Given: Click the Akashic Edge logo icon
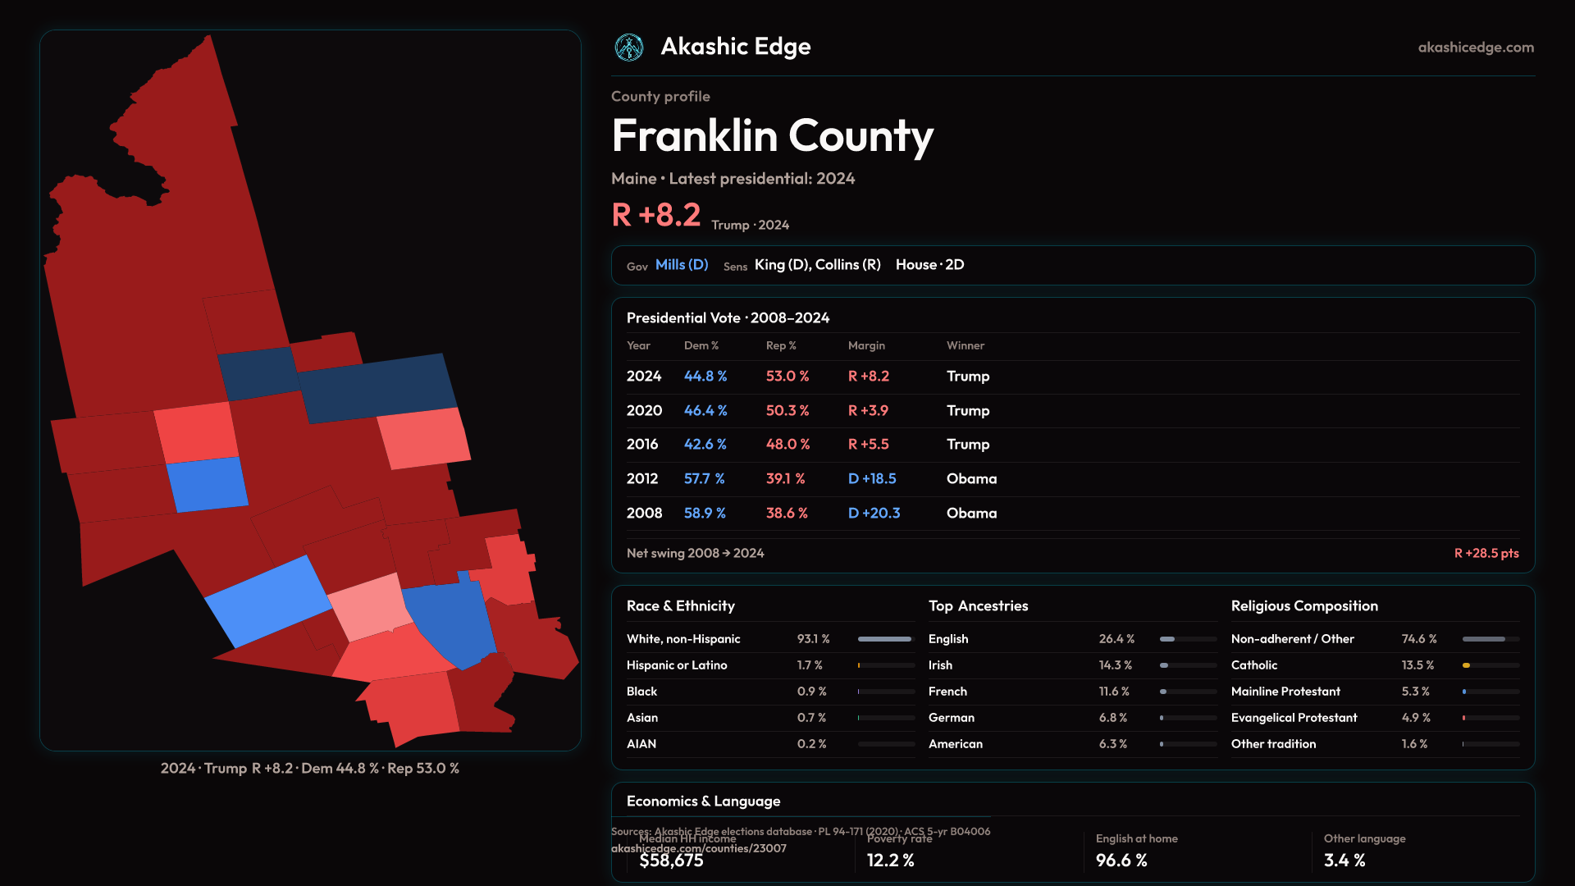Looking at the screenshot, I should pyautogui.click(x=629, y=48).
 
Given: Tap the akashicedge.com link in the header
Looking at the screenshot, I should pyautogui.click(x=1476, y=48).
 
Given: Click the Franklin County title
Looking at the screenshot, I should pyautogui.click(x=772, y=135).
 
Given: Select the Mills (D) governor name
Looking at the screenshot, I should pyautogui.click(x=682, y=265).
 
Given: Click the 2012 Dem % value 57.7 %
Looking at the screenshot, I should pyautogui.click(x=705, y=479).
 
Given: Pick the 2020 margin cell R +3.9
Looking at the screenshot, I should pyautogui.click(x=868, y=411).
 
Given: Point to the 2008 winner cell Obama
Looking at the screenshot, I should pyautogui.click(x=971, y=514).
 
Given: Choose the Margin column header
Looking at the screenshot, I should pyautogui.click(x=866, y=346).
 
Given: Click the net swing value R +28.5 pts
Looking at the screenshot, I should pyautogui.click(x=1486, y=554).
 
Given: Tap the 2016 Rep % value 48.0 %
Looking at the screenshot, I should pyautogui.click(x=787, y=445).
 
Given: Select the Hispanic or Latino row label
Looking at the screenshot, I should pyautogui.click(x=677, y=665).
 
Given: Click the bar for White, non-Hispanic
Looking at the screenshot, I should pyautogui.click(x=885, y=639).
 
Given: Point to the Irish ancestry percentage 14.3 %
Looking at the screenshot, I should pyautogui.click(x=1115, y=665).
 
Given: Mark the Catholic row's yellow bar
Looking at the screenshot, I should pyautogui.click(x=1466, y=665).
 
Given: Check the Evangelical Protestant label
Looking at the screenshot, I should pyautogui.click(x=1294, y=718).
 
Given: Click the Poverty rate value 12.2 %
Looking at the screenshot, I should pyautogui.click(x=890, y=861).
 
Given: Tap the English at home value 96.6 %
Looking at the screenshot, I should pyautogui.click(x=1121, y=861).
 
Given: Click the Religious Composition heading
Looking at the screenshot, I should pyautogui.click(x=1304, y=606).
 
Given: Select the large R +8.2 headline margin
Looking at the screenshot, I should pyautogui.click(x=656, y=216).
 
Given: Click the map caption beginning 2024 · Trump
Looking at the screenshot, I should pyautogui.click(x=310, y=769).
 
